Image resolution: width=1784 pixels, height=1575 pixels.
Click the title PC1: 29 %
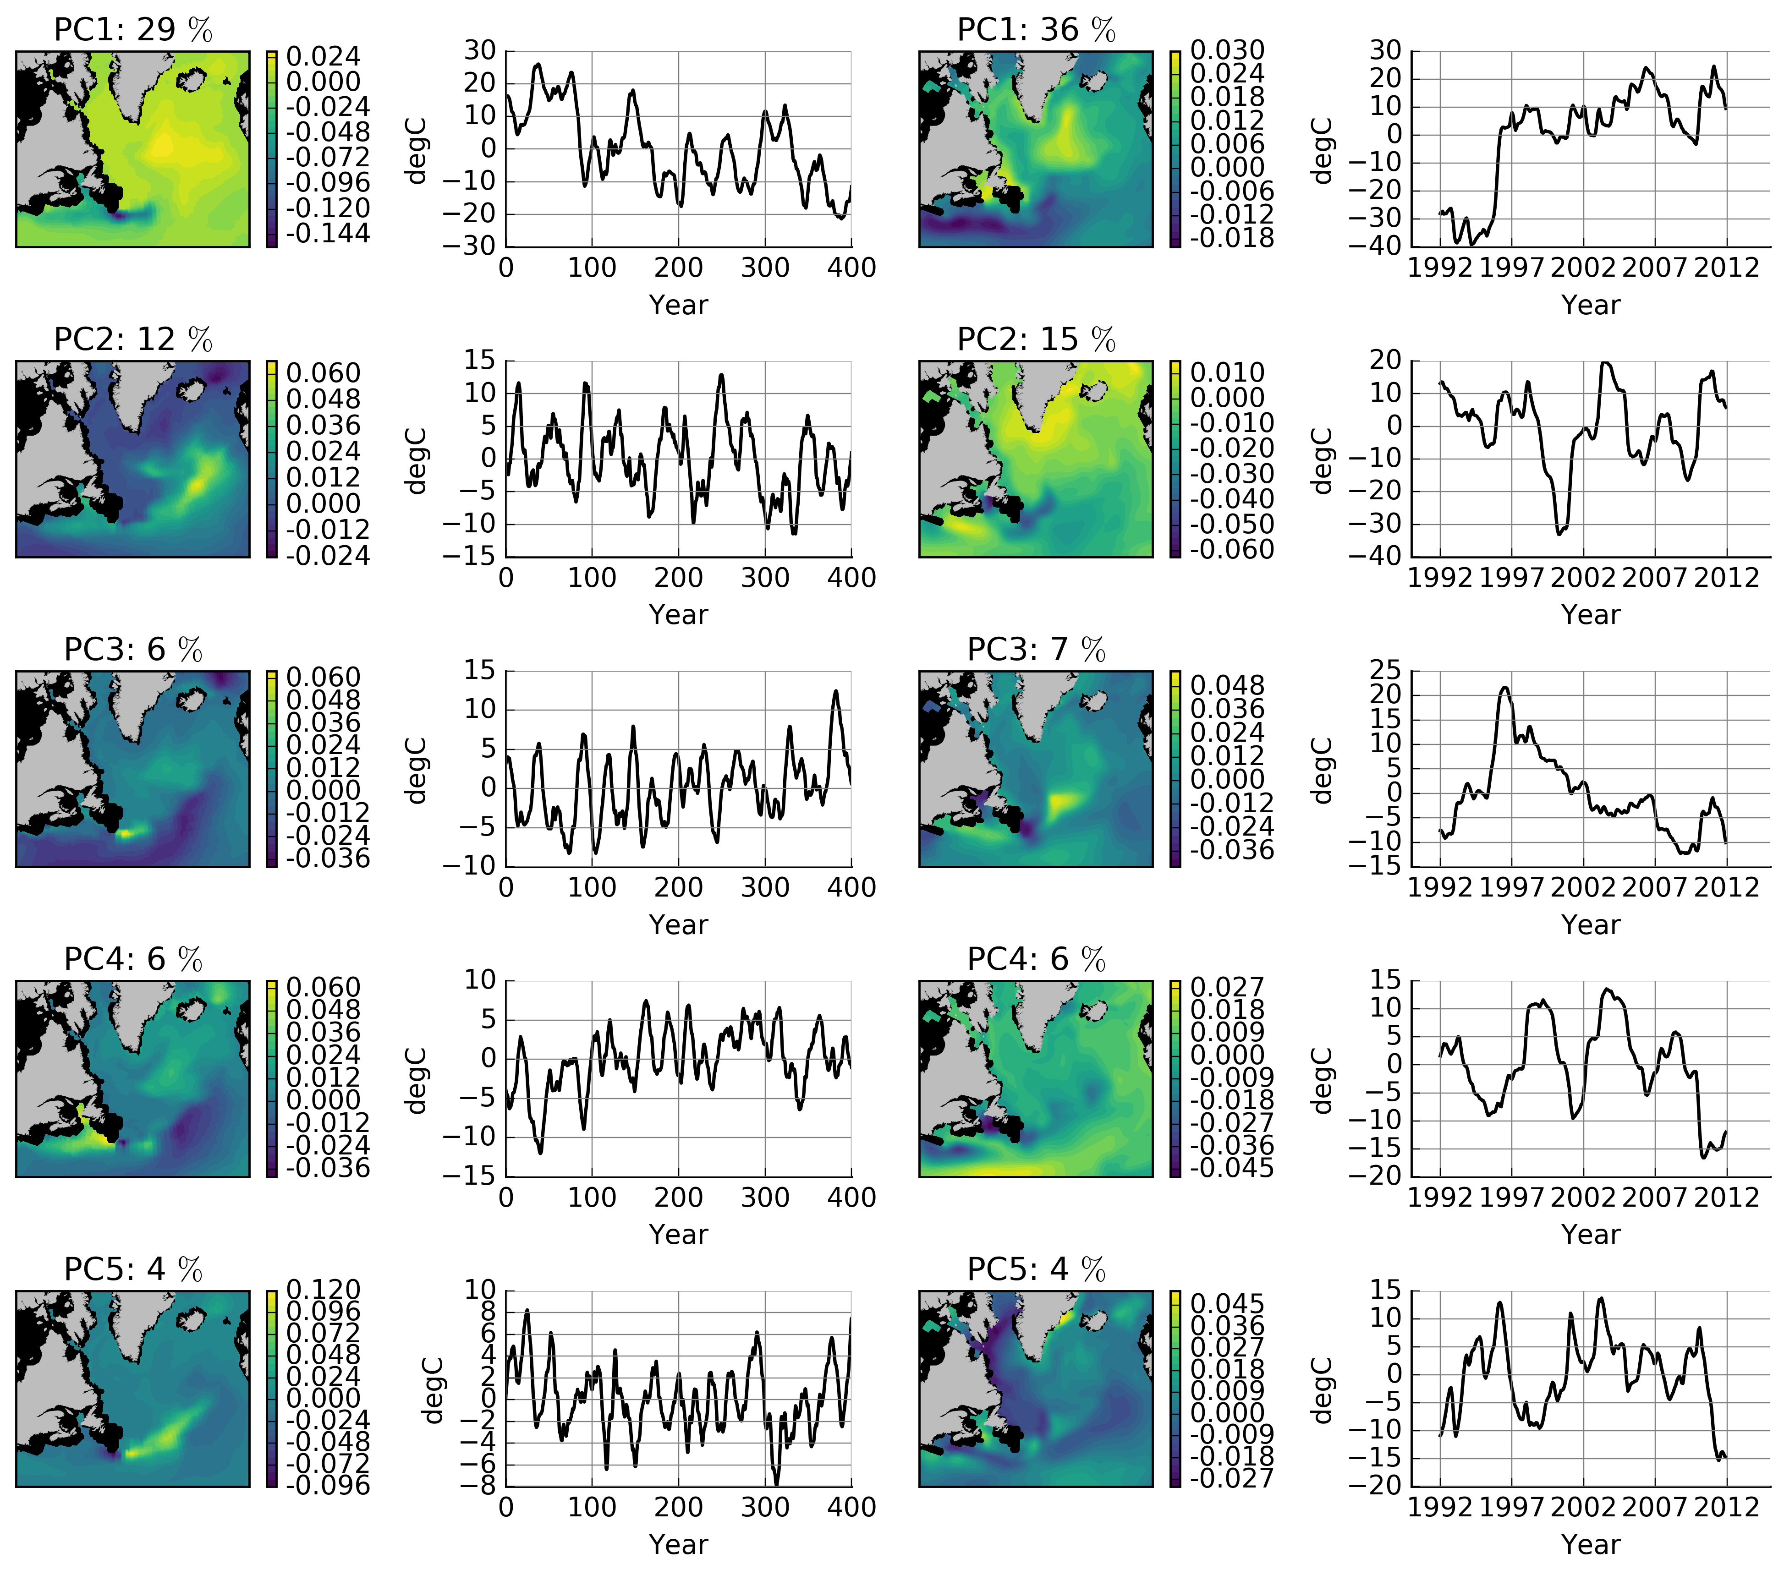coord(132,30)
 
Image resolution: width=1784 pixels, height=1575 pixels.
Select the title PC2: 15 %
coord(1036,339)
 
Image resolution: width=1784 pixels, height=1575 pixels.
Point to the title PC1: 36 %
coord(1036,30)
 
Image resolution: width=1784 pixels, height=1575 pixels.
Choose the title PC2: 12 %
coord(132,339)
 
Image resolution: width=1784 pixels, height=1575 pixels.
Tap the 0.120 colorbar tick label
coord(323,1290)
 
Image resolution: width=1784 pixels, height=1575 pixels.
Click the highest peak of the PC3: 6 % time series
coord(835,691)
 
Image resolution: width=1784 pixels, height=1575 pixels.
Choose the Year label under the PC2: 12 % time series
coord(678,614)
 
